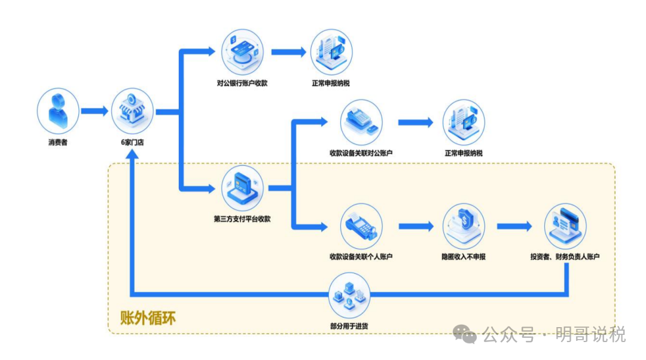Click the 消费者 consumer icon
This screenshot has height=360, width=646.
[58, 111]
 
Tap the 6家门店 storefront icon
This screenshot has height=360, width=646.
[132, 111]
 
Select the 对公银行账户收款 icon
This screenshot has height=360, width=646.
[242, 52]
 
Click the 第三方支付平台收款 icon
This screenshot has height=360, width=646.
[242, 187]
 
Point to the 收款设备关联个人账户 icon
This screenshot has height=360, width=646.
[361, 225]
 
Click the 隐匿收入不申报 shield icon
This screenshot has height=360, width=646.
[464, 225]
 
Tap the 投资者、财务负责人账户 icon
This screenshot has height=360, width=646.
[565, 225]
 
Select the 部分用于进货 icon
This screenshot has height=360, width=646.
[350, 294]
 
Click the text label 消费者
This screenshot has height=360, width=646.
[58, 143]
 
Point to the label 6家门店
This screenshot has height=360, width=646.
[132, 143]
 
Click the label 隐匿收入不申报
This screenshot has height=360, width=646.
[464, 257]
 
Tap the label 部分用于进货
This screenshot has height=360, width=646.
[350, 326]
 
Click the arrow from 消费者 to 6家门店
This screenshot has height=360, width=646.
[95, 111]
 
